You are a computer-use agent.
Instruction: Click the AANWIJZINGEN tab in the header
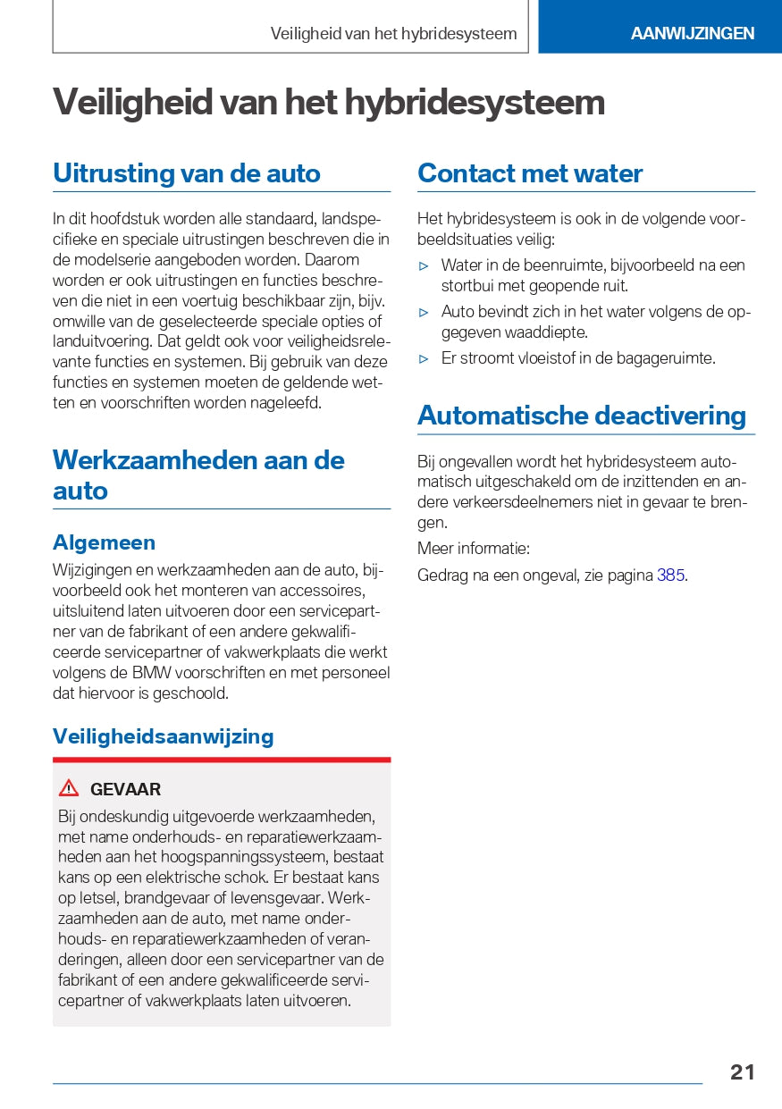tap(692, 33)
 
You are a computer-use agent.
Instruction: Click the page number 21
tap(742, 1071)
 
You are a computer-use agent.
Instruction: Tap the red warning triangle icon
tap(69, 788)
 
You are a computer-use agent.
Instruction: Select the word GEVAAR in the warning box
tap(125, 789)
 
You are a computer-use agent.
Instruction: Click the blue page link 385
tap(670, 576)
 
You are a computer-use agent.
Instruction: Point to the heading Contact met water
tap(529, 173)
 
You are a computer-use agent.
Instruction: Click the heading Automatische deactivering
tap(581, 416)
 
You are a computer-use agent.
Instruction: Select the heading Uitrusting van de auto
tap(186, 173)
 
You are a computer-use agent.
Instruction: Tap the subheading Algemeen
tap(104, 542)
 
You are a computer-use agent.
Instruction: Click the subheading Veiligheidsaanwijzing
tap(163, 736)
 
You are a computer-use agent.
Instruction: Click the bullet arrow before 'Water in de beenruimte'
tap(425, 265)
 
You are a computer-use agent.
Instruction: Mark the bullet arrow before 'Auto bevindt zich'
tap(425, 312)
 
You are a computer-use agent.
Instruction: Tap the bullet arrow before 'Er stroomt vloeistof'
tap(425, 358)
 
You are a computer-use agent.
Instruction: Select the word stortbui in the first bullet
tap(467, 286)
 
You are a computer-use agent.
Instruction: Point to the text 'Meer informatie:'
tap(473, 549)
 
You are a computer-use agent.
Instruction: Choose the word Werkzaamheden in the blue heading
tap(154, 460)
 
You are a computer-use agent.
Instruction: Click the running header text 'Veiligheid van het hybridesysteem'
tap(393, 34)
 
